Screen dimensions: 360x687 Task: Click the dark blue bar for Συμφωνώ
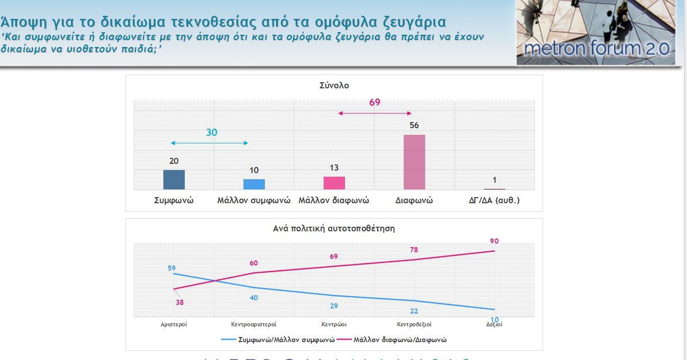pyautogui.click(x=174, y=180)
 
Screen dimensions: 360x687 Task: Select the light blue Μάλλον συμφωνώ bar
pyautogui.click(x=254, y=184)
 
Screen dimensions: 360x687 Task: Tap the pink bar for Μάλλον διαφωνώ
pyautogui.click(x=334, y=183)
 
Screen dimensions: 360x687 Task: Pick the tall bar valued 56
pyautogui.click(x=414, y=162)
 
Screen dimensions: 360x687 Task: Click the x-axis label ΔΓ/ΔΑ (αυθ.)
pyautogui.click(x=494, y=201)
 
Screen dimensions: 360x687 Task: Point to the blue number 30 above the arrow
pyautogui.click(x=212, y=132)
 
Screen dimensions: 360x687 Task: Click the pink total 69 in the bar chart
pyautogui.click(x=375, y=102)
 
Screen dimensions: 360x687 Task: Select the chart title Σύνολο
pyautogui.click(x=334, y=86)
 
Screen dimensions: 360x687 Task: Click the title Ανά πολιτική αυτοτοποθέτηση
pyautogui.click(x=334, y=229)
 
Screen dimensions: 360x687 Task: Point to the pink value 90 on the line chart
pyautogui.click(x=494, y=241)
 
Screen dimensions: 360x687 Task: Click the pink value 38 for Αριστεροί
pyautogui.click(x=179, y=302)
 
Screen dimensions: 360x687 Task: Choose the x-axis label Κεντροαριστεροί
pyautogui.click(x=254, y=324)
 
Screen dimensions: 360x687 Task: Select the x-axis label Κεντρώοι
pyautogui.click(x=334, y=324)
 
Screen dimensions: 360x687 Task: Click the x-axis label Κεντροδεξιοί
pyautogui.click(x=414, y=324)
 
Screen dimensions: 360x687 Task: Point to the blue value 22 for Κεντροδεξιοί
pyautogui.click(x=414, y=311)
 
